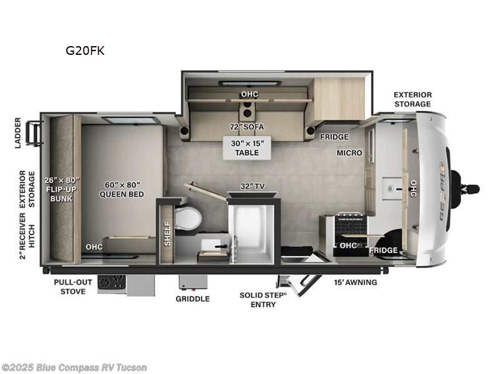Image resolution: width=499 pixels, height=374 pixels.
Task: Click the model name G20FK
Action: pyautogui.click(x=85, y=51)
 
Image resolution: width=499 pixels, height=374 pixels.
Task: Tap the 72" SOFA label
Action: pyautogui.click(x=246, y=127)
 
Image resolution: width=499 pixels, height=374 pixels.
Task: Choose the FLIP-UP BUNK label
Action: pyautogui.click(x=61, y=189)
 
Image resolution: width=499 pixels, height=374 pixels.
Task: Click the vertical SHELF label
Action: pyautogui.click(x=167, y=233)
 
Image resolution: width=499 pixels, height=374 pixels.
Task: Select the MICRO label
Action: pyautogui.click(x=350, y=152)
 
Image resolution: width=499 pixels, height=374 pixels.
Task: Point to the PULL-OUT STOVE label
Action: pyautogui.click(x=72, y=286)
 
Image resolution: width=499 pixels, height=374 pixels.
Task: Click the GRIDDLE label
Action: pyautogui.click(x=192, y=299)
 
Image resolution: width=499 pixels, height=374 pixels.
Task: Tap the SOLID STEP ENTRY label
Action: pyautogui.click(x=263, y=299)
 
